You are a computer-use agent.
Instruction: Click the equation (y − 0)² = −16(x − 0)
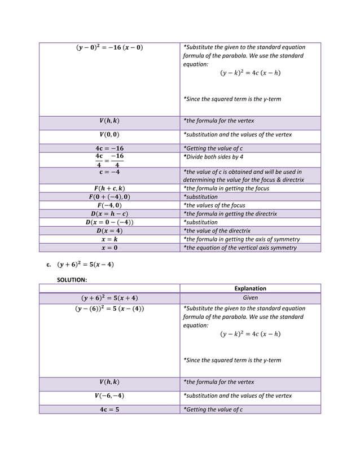click(109, 47)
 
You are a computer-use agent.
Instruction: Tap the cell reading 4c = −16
click(109, 148)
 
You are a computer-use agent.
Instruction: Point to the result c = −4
click(109, 172)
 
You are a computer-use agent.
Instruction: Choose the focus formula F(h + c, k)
click(109, 188)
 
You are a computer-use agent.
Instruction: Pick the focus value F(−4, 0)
click(109, 205)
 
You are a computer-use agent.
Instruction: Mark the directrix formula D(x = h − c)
click(109, 214)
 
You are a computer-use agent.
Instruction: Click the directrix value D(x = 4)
click(109, 231)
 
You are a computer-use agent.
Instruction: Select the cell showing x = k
click(109, 239)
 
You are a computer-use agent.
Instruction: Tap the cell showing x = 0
click(109, 248)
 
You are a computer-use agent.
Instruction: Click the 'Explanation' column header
click(250, 288)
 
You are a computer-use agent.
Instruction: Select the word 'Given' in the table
click(250, 298)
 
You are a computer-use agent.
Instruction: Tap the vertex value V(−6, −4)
click(109, 395)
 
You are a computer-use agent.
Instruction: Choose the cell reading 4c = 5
click(109, 410)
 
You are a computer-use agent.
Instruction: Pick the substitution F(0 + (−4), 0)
click(109, 197)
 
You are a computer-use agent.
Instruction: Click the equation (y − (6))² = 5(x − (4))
click(109, 309)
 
